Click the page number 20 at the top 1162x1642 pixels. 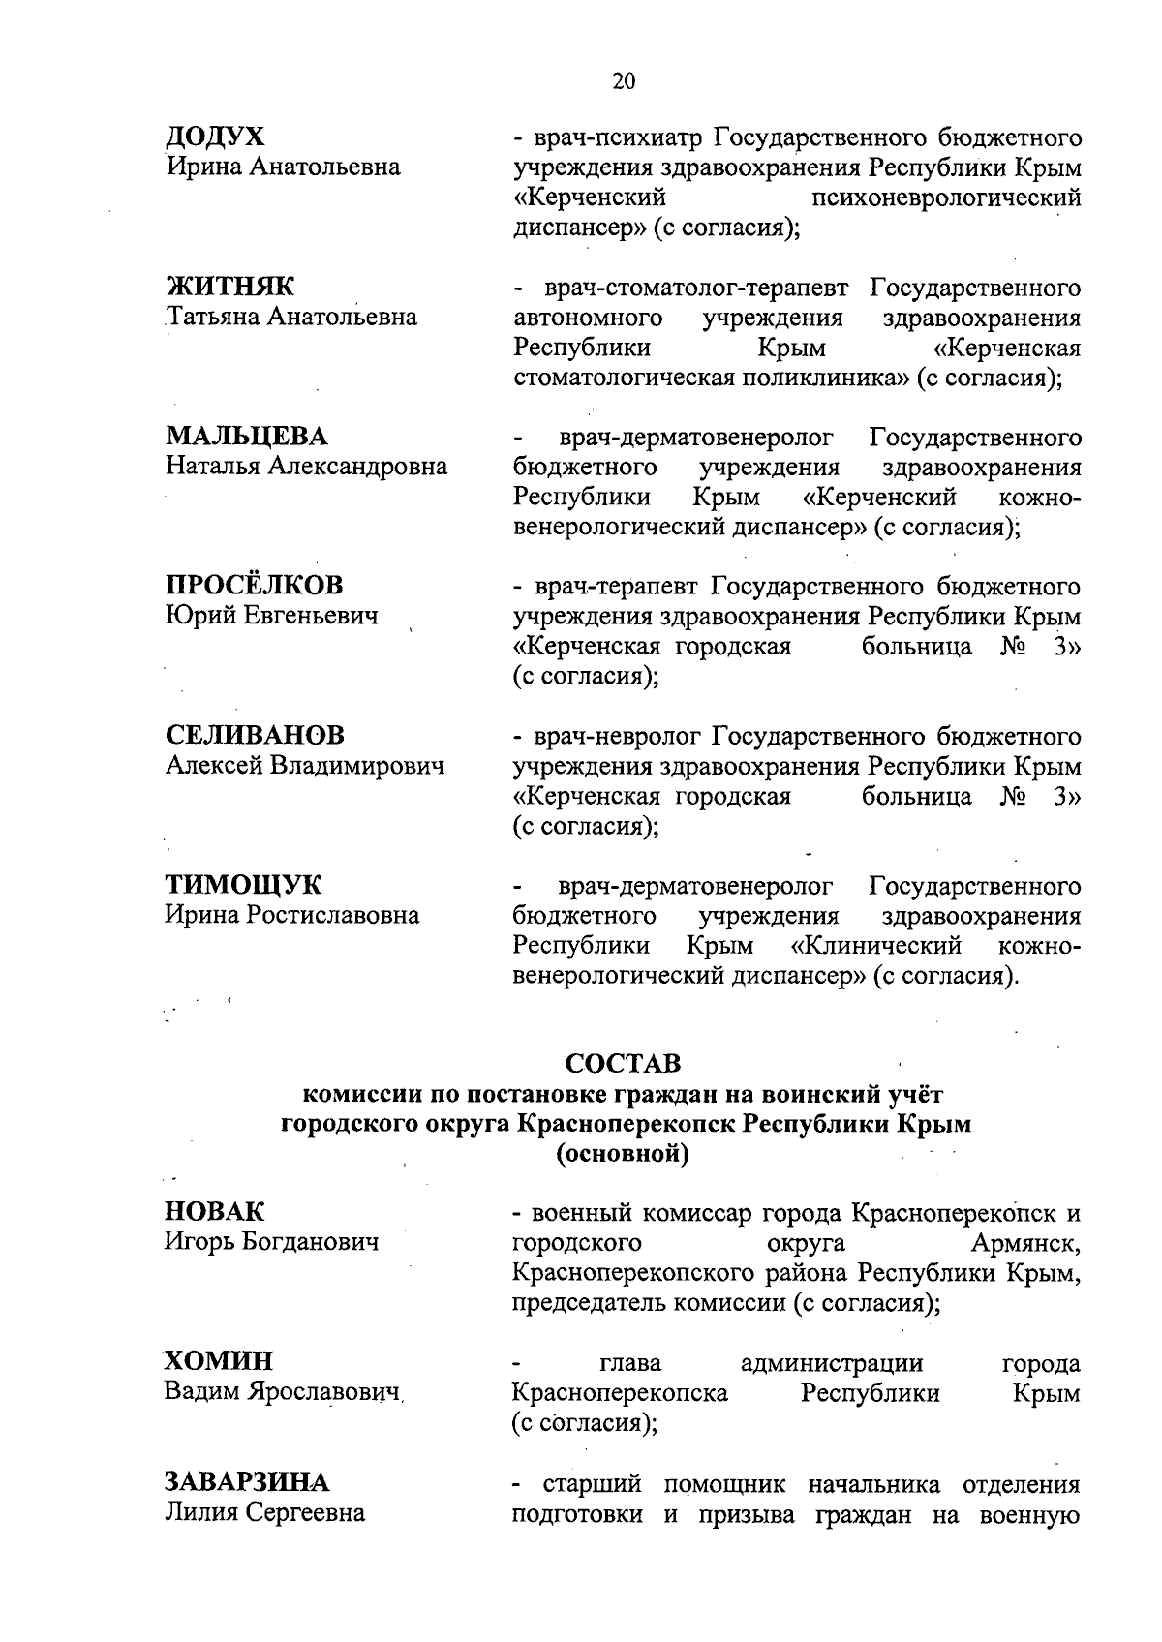625,81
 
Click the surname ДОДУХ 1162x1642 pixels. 215,137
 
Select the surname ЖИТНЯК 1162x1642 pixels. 230,287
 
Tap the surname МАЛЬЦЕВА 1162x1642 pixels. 247,437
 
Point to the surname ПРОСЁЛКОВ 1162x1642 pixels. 254,586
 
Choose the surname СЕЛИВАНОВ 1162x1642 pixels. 255,736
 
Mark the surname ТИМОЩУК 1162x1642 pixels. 244,885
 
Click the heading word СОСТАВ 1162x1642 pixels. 624,1064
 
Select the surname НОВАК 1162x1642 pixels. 214,1212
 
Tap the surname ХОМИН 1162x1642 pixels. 218,1361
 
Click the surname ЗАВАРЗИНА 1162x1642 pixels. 247,1482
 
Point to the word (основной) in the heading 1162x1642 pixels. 623,1155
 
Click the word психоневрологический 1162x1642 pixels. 946,198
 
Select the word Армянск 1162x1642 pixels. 1030,1243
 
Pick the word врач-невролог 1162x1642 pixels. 623,738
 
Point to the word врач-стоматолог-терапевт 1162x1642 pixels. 695,289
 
